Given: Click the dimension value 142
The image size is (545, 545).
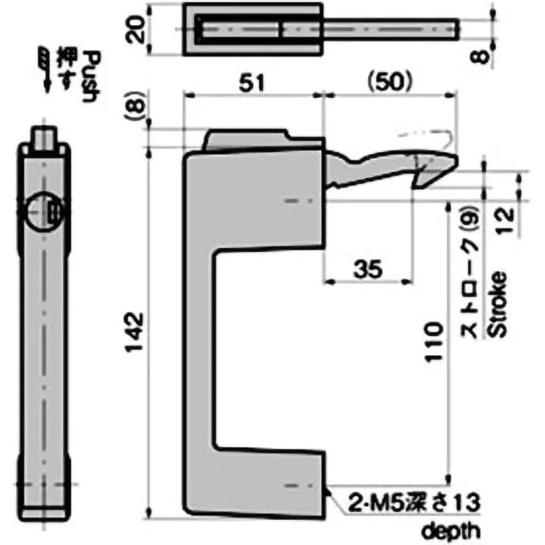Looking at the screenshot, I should tap(137, 332).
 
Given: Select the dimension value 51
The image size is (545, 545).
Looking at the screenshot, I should tap(252, 82).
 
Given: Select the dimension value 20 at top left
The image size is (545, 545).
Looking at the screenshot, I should tap(139, 30).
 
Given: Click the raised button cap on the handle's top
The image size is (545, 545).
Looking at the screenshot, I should tap(249, 138).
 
